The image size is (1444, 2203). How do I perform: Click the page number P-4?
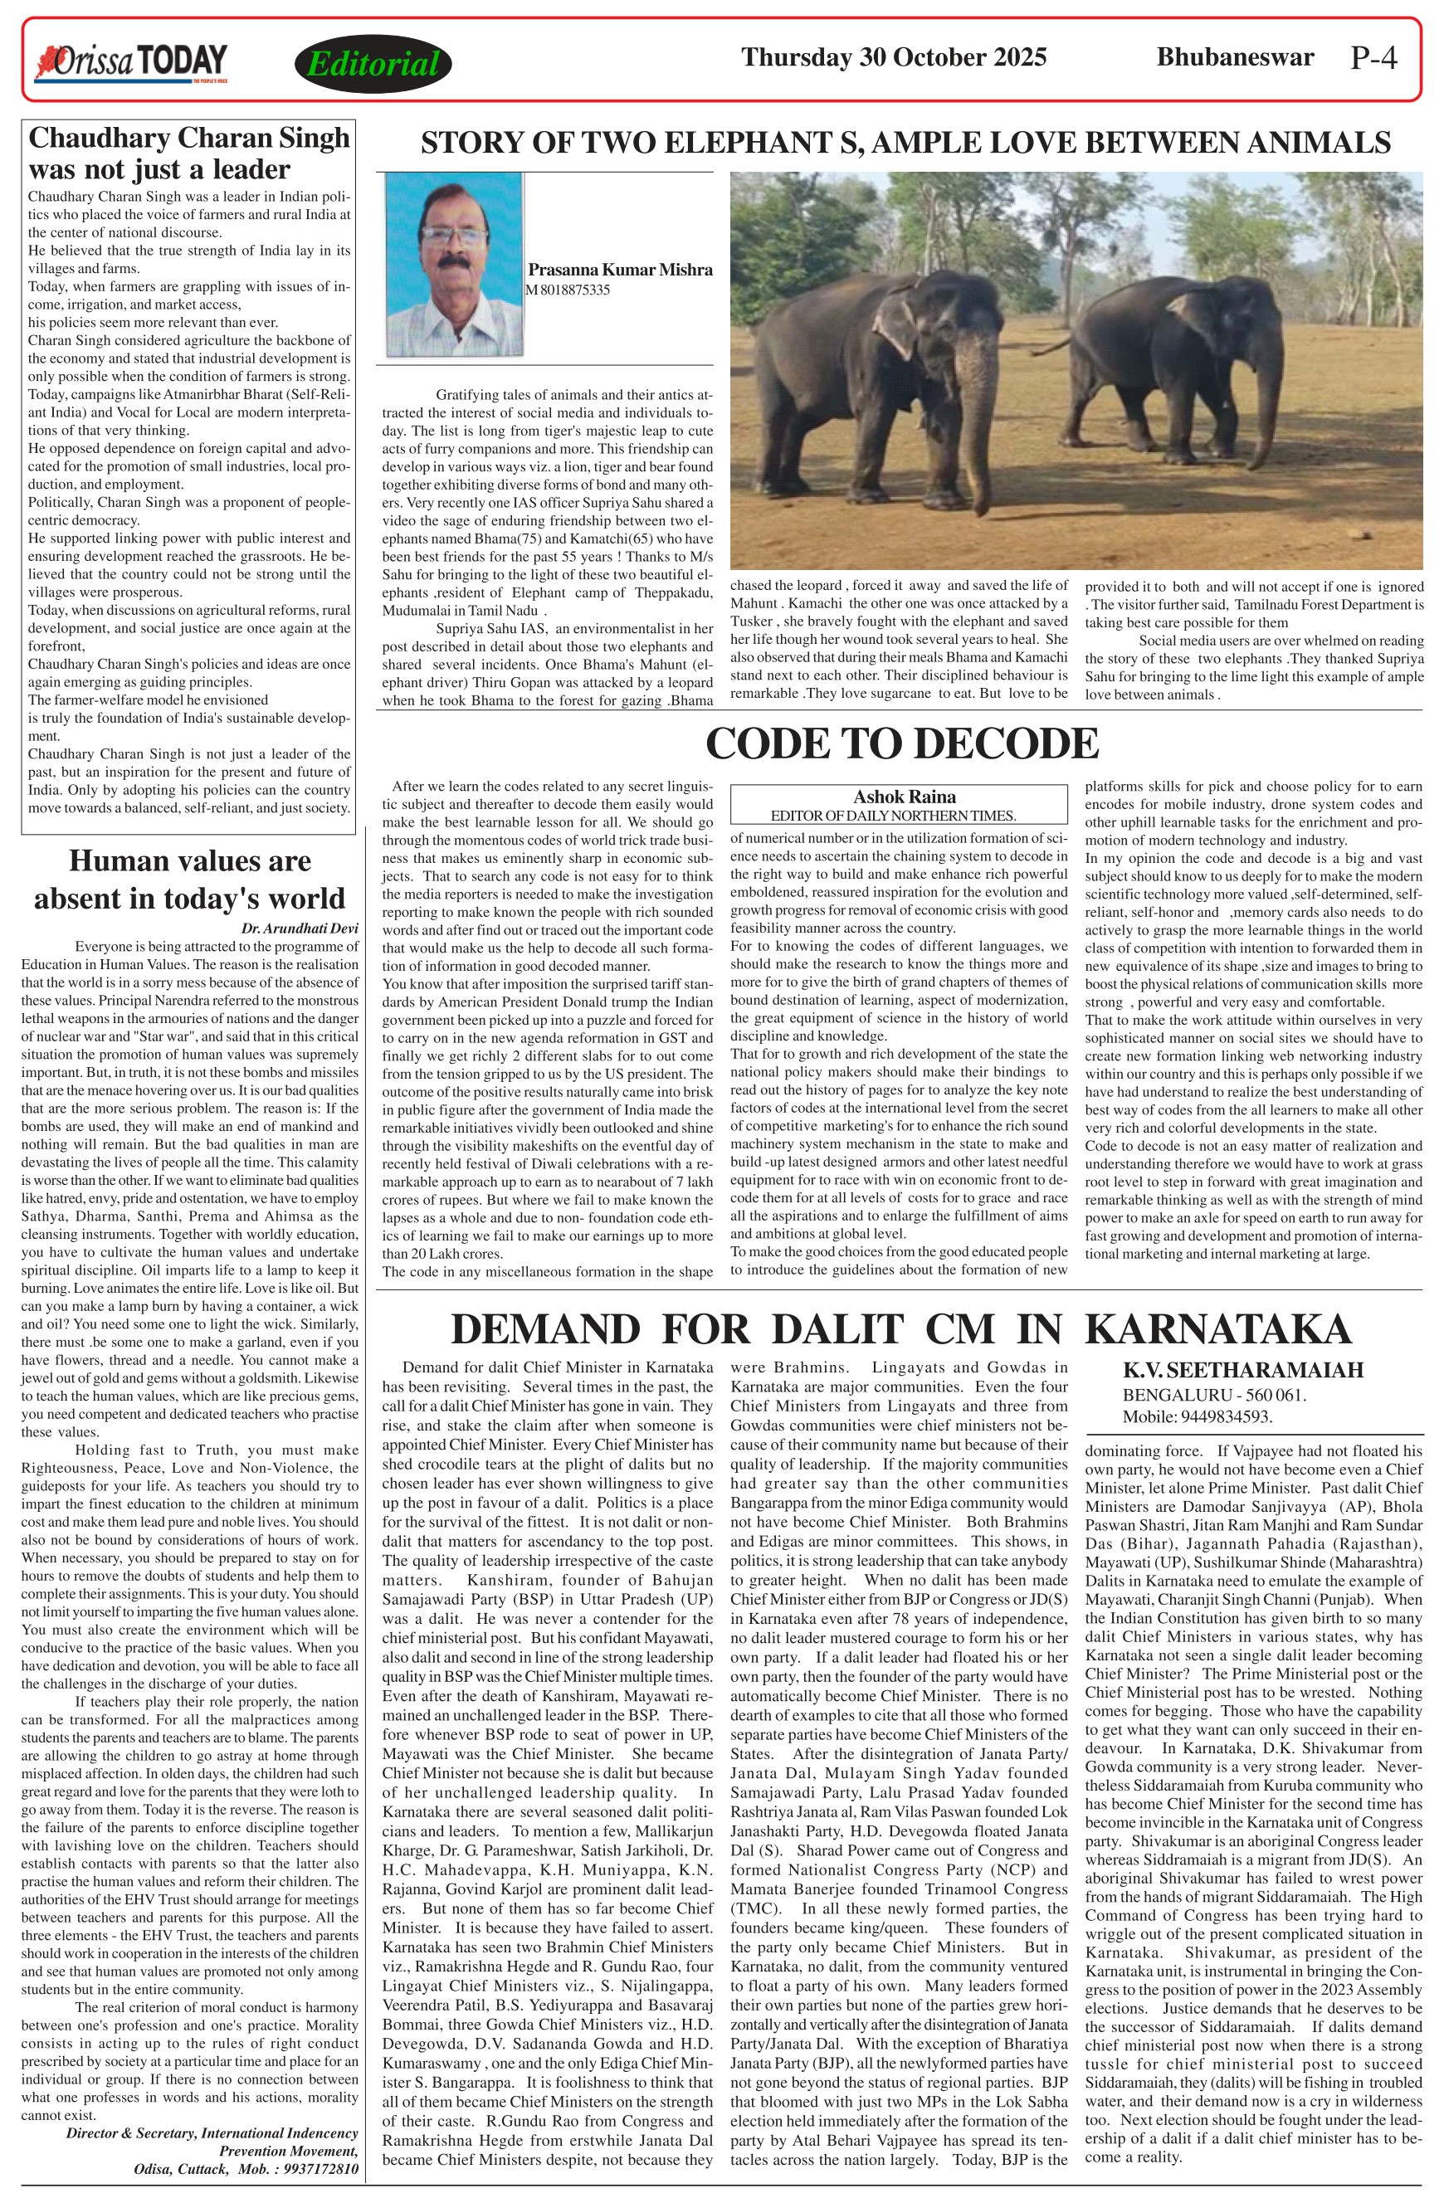pos(1373,58)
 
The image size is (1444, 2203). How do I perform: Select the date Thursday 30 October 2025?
pos(893,57)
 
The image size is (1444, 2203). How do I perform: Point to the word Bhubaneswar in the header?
pos(1235,57)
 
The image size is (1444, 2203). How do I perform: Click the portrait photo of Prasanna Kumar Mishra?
pos(454,265)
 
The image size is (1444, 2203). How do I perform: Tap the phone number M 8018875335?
pos(568,290)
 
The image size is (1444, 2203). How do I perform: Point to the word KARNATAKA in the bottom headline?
pos(1217,1329)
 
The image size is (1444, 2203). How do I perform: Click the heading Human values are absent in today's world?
pos(190,880)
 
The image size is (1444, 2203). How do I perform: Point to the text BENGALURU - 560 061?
pos(1214,1395)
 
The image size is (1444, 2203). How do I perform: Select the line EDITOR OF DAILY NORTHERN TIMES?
pos(893,816)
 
